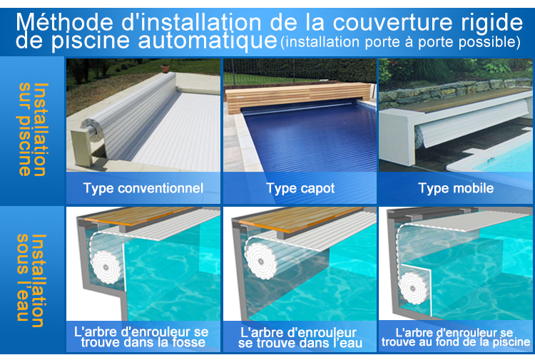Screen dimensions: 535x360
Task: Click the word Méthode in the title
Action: (x=64, y=22)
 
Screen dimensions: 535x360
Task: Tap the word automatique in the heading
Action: (x=208, y=40)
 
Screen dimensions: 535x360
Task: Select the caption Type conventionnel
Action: (x=143, y=188)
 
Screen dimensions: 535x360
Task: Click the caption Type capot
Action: (x=300, y=188)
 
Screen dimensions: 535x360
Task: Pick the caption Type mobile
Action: (x=456, y=188)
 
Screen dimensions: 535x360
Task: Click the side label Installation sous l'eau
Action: (x=31, y=280)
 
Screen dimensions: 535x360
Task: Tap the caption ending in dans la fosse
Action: (x=142, y=337)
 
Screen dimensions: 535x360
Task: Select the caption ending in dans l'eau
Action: (x=300, y=337)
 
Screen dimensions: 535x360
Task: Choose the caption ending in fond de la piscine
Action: (x=456, y=337)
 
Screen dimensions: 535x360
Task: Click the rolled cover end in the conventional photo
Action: (x=92, y=130)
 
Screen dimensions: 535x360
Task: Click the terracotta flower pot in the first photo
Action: (x=165, y=68)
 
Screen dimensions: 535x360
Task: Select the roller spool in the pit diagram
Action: (x=106, y=267)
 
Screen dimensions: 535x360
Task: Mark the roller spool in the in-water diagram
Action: (x=261, y=261)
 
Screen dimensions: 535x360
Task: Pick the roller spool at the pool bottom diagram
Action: (x=414, y=288)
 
